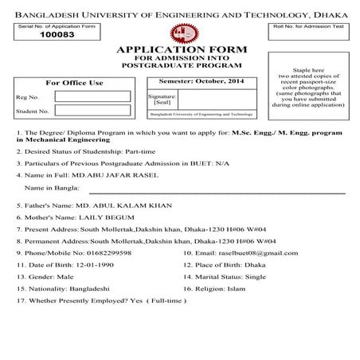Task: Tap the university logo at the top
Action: tap(179, 32)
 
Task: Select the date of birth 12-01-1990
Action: tap(100, 264)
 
